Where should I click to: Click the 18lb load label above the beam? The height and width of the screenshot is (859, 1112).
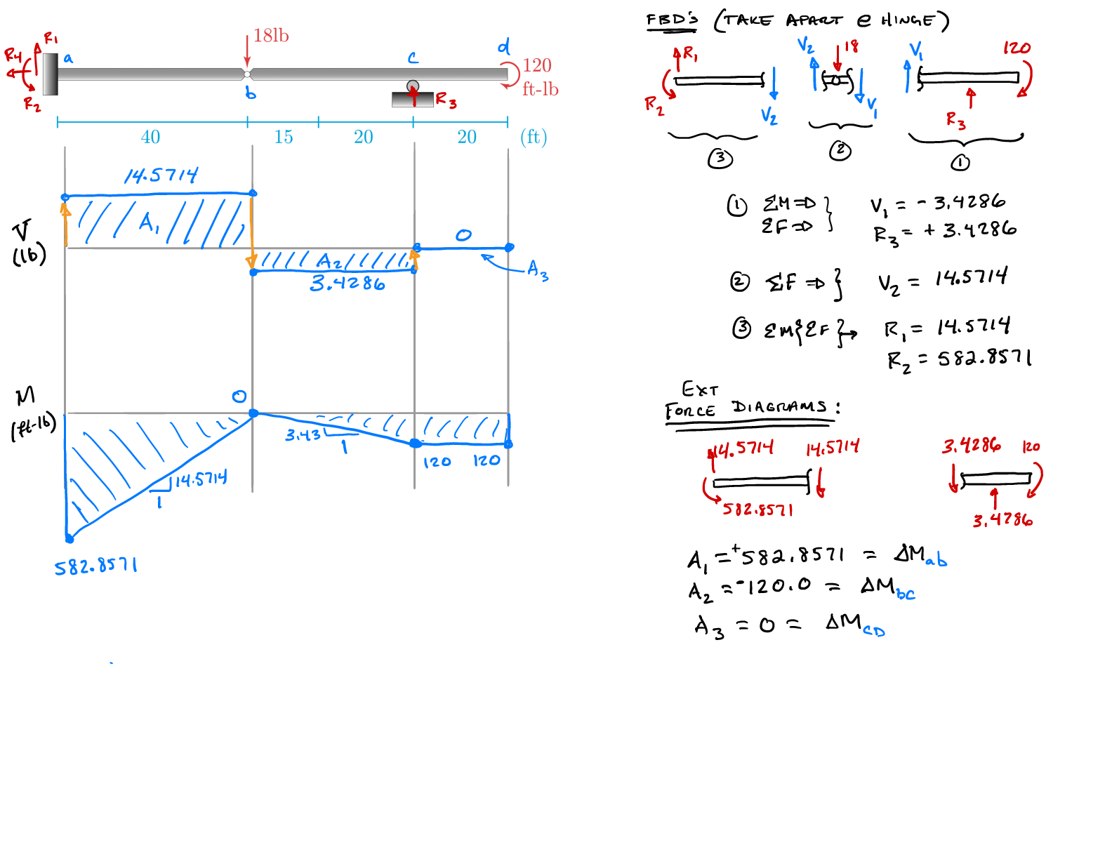click(271, 36)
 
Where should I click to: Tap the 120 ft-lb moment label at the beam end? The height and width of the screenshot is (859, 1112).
click(539, 76)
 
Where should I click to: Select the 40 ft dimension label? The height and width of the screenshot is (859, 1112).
click(150, 137)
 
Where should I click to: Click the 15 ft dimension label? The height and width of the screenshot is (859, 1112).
click(284, 137)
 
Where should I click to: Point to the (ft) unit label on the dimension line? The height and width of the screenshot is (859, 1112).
click(534, 137)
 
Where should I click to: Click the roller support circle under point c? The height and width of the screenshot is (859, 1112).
click(413, 86)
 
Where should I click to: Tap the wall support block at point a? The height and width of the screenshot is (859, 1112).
click(50, 74)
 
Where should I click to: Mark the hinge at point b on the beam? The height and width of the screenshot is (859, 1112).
click(247, 74)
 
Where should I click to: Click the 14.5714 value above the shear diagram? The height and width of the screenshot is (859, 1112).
click(161, 175)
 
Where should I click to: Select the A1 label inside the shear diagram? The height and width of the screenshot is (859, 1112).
click(149, 223)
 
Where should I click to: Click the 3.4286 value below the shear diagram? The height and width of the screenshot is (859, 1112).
click(347, 284)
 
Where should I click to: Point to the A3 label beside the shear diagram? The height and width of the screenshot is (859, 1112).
click(538, 270)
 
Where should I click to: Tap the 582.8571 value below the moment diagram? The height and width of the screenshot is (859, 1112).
click(96, 566)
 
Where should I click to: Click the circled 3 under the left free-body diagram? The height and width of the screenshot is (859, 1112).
click(720, 159)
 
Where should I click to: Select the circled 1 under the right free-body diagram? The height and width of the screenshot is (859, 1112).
click(960, 163)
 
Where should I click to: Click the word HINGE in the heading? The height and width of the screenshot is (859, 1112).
click(908, 20)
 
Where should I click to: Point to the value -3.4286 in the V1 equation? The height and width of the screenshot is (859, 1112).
click(962, 203)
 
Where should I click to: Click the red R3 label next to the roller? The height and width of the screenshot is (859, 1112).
click(446, 100)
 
